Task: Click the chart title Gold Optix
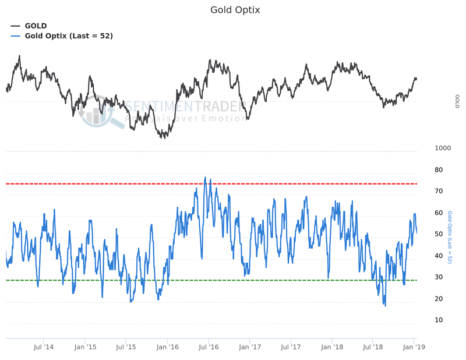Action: [x=235, y=10]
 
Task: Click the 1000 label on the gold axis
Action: [x=443, y=149]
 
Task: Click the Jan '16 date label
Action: [x=167, y=347]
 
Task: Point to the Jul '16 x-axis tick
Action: [x=209, y=347]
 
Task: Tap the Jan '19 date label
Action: [x=414, y=347]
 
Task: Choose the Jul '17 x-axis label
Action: [x=291, y=347]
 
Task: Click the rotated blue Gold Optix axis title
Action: [x=450, y=238]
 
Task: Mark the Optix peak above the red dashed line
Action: [x=205, y=178]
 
